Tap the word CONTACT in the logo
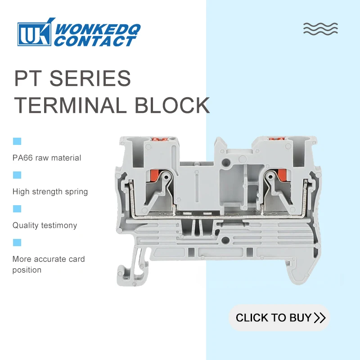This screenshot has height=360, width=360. coord(95,42)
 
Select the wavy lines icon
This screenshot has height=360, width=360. coord(320,28)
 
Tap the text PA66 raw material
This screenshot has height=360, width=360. coord(47,158)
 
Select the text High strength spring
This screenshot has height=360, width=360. coord(50,192)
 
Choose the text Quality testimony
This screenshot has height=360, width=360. coord(45,225)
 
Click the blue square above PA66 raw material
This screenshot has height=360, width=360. coord(17,141)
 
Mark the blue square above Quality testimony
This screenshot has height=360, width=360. coord(17,209)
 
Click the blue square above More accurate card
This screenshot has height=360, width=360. coord(17,243)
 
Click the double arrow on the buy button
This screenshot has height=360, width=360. coord(319,318)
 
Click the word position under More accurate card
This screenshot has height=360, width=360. coord(27,270)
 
